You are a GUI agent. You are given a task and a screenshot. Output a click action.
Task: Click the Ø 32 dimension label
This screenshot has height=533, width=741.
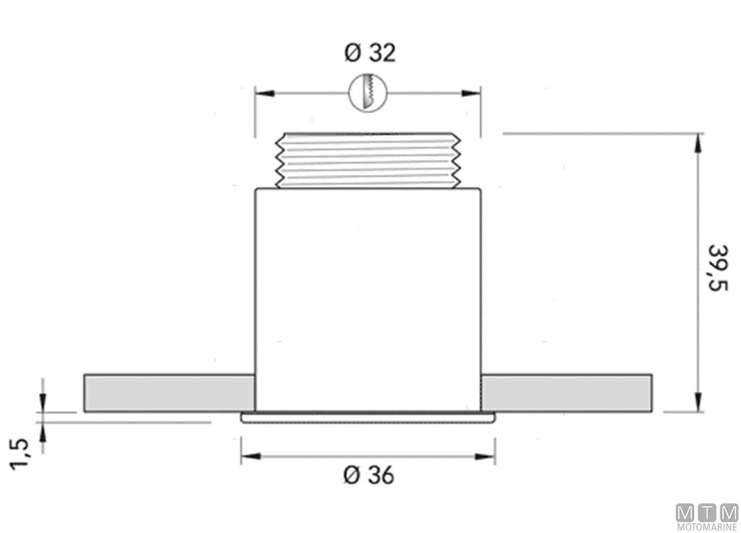(370, 53)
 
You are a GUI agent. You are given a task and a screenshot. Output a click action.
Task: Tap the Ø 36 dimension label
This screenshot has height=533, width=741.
(369, 475)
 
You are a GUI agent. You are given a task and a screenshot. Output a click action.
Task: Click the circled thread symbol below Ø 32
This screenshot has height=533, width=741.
(368, 93)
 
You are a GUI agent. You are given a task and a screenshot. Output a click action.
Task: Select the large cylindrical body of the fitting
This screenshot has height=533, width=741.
(368, 296)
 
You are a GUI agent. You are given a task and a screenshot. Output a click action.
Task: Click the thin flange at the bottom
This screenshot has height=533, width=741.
(368, 418)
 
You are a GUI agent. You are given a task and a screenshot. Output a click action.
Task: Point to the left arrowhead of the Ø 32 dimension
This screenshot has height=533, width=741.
(264, 93)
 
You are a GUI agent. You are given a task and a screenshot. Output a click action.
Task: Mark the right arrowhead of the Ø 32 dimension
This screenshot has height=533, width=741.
(471, 93)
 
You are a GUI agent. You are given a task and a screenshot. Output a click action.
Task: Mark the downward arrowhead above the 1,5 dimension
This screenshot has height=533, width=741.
(43, 400)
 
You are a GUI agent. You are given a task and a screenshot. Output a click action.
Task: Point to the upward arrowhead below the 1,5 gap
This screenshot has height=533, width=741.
(43, 433)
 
